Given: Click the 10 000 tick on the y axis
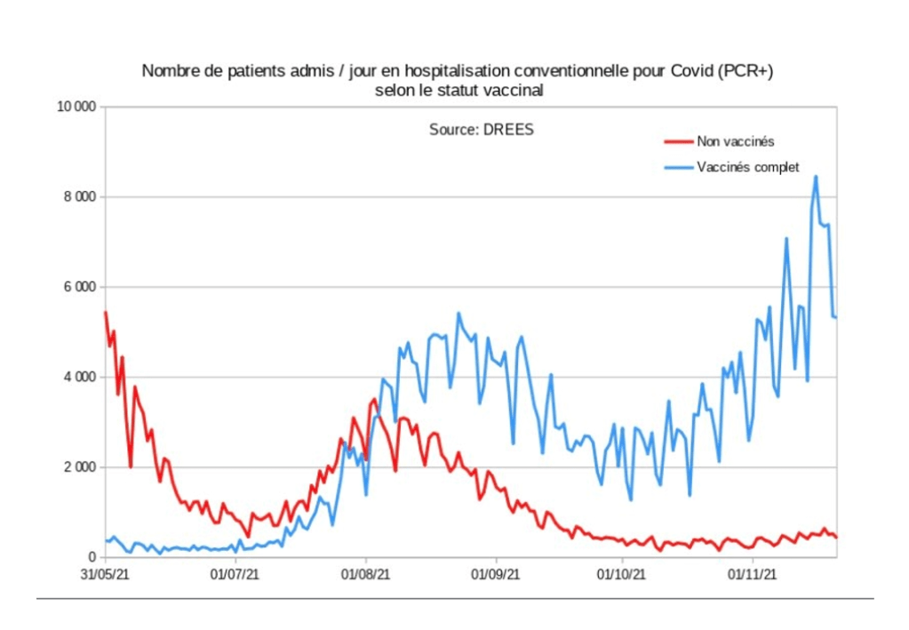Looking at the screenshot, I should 76,108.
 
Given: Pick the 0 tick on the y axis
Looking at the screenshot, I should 92,558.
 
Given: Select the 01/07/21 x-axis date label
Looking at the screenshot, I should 236,576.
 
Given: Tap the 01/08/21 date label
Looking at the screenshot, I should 365,576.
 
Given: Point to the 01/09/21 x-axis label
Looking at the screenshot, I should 495,576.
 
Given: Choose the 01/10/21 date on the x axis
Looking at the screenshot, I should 623,576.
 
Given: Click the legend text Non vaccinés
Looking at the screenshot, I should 736,141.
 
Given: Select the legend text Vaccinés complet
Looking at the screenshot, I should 748,167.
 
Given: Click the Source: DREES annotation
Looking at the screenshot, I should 482,130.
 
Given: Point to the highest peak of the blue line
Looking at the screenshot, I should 816,176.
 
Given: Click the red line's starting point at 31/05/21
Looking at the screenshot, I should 106,313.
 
